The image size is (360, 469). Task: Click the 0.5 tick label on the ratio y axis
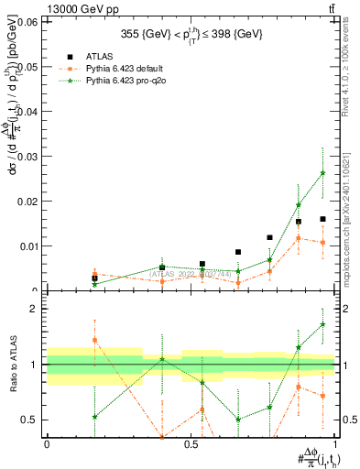pos(30,420)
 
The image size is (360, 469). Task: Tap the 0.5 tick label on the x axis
pos(191,443)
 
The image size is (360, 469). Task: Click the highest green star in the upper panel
pos(322,173)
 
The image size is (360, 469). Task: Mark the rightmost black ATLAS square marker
pos(322,219)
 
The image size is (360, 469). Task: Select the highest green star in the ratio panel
pos(322,324)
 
